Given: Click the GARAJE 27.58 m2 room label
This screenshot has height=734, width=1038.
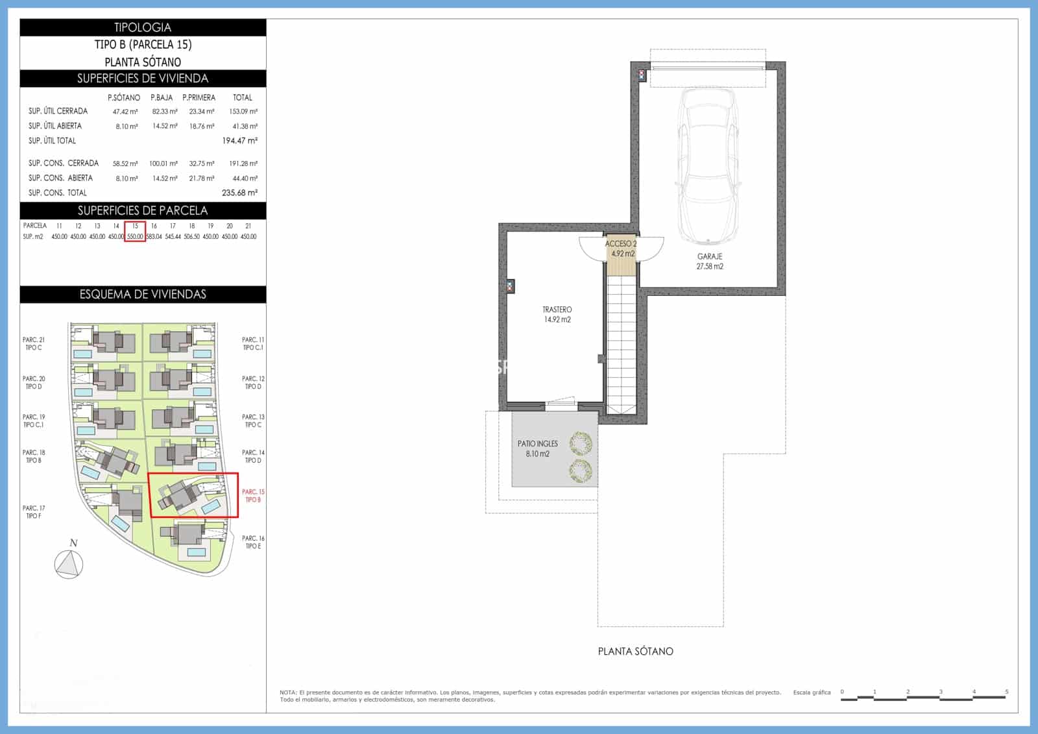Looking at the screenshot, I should (710, 262).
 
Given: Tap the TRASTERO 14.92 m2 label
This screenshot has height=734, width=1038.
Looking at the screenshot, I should (557, 315).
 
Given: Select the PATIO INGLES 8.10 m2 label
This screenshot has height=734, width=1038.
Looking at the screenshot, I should (537, 449).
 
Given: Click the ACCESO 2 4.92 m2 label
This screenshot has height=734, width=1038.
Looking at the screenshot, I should (621, 249).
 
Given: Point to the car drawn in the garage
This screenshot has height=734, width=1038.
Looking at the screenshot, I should (708, 165).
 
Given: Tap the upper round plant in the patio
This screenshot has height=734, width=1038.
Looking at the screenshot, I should (580, 445).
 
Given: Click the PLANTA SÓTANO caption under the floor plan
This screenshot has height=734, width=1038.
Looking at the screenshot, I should (635, 651).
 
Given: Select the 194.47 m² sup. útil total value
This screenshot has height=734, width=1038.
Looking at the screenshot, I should (239, 141).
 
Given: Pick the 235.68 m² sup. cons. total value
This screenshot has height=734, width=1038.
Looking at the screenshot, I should (239, 193).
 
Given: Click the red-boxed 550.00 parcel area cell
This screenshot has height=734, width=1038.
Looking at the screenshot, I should (135, 237).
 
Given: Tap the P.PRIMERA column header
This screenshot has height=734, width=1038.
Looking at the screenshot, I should (199, 97).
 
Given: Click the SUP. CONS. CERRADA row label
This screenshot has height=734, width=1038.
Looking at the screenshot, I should (64, 164).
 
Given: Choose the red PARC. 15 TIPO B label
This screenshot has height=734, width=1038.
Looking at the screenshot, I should (253, 496).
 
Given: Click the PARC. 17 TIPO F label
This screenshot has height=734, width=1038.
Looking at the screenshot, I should (34, 512).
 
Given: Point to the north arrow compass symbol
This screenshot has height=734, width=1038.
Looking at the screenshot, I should (69, 564).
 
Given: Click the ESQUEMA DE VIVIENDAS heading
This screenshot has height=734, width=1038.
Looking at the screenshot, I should (143, 295).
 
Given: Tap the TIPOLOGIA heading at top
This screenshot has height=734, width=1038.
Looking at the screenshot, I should (143, 27).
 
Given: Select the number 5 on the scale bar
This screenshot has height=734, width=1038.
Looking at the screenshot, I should (1007, 692).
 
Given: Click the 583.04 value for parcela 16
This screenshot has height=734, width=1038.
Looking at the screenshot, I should (154, 237).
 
